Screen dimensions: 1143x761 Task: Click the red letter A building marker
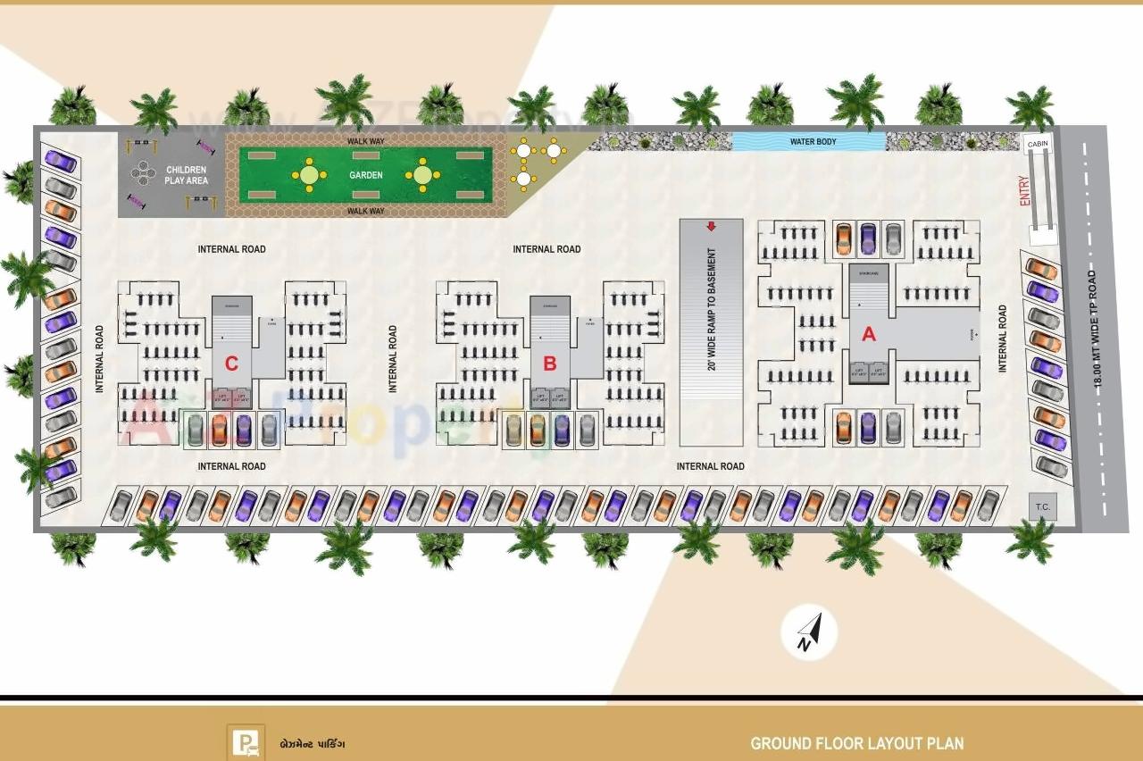[868, 335]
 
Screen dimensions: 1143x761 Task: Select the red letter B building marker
[550, 364]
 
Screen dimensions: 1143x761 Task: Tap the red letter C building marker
[231, 364]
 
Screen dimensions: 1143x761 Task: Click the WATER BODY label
[813, 142]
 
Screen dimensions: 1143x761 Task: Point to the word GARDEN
[366, 175]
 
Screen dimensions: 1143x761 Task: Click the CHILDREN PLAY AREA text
[186, 175]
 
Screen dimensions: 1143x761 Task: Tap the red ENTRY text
[1025, 191]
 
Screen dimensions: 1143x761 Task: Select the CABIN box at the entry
[1038, 144]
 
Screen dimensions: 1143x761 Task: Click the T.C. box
[1042, 507]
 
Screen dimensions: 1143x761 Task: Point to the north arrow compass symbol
[809, 632]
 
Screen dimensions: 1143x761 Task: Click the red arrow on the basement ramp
[711, 227]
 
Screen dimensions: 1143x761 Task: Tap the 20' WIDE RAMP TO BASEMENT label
[713, 309]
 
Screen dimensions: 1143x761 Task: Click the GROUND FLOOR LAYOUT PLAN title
[856, 743]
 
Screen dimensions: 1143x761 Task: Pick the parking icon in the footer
[246, 741]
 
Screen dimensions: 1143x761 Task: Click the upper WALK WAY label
[365, 141]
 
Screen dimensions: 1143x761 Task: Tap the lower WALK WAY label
[365, 212]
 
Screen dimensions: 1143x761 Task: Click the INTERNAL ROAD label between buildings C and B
[393, 359]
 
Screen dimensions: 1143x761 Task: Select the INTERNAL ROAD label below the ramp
[710, 466]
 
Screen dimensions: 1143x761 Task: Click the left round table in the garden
[309, 175]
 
